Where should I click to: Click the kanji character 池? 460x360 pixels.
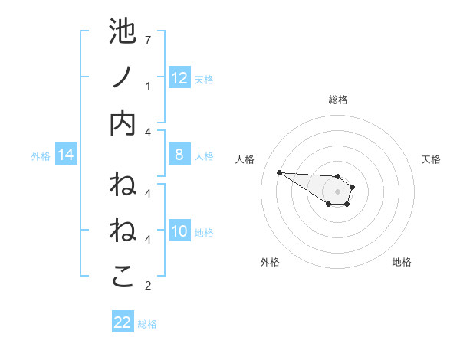(123, 33)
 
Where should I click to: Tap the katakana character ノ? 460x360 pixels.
(123, 77)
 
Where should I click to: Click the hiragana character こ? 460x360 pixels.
(123, 277)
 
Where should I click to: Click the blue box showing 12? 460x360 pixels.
(179, 77)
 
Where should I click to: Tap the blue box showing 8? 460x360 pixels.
(179, 155)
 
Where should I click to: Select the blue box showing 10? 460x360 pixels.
(179, 231)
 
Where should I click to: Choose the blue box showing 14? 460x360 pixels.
(66, 155)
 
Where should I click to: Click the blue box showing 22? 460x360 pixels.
(123, 322)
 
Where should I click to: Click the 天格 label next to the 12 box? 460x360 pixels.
(204, 79)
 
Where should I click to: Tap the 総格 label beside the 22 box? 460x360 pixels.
(147, 324)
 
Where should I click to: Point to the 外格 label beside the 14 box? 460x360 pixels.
(41, 156)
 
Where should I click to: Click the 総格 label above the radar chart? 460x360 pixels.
(337, 100)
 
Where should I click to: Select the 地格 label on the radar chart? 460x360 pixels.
(402, 262)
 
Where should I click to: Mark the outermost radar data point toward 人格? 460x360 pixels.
(279, 172)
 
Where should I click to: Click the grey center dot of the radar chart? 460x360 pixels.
(337, 191)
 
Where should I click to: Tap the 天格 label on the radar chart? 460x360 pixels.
(431, 159)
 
